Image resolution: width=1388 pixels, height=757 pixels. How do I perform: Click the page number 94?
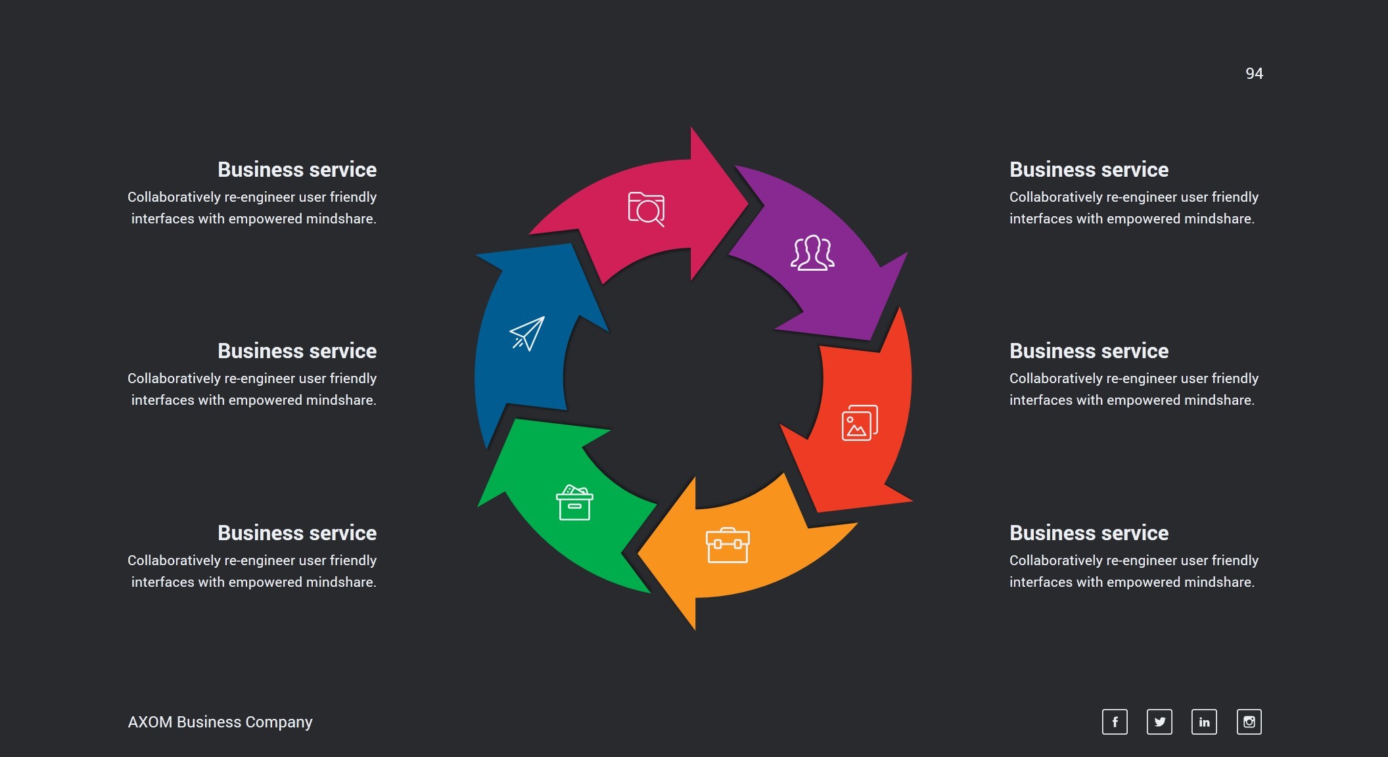pos(1254,74)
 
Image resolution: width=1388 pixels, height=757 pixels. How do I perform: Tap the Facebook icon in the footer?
pos(1115,722)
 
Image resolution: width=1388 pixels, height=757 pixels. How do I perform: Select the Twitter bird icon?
pos(1159,722)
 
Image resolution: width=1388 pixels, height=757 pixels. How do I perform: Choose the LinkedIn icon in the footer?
pos(1204,722)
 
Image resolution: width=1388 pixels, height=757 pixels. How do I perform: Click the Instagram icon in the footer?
pos(1249,722)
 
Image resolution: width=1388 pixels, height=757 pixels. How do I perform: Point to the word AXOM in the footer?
pos(150,722)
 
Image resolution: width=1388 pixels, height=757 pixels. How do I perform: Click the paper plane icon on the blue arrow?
pos(527,333)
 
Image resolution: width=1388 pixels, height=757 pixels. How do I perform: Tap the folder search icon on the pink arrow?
pos(646,209)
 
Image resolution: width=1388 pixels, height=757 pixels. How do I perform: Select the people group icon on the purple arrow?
pos(812,253)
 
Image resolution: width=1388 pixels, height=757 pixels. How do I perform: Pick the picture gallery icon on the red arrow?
pos(860,423)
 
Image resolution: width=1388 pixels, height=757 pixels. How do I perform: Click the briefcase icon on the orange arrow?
pos(728,545)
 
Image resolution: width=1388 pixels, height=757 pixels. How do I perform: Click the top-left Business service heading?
pos(297,170)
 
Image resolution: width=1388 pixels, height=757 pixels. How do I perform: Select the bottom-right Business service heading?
pos(1089,533)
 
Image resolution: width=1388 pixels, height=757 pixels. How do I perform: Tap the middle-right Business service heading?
pos(1089,351)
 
